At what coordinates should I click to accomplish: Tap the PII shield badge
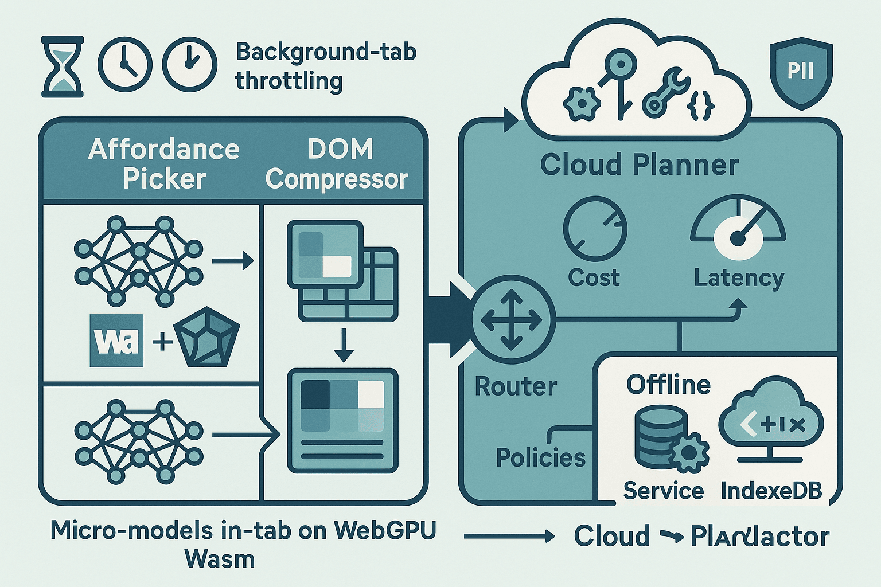(801, 72)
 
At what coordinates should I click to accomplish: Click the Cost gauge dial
(595, 229)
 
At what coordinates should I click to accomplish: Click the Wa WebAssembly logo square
(116, 341)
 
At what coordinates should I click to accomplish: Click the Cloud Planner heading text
(639, 165)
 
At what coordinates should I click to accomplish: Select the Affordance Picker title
(164, 164)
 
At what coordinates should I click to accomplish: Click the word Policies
(540, 457)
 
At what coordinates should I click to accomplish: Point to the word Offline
(668, 384)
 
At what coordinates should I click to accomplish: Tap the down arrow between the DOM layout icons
(343, 345)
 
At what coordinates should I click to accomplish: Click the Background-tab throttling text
(326, 66)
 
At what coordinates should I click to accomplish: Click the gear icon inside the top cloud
(581, 104)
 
